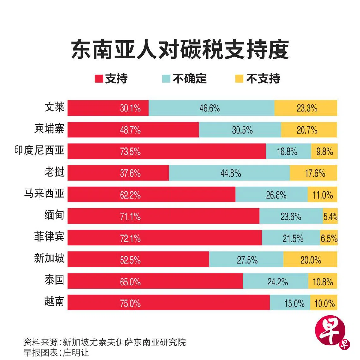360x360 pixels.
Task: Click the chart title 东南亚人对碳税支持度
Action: coord(180,50)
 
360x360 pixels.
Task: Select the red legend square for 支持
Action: coord(99,79)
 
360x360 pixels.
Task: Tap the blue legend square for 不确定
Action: coord(166,79)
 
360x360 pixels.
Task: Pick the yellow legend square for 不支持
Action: coord(239,79)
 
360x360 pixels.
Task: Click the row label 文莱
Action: coord(54,107)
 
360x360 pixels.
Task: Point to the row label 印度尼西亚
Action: coord(39,150)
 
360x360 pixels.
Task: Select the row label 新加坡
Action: coord(49,258)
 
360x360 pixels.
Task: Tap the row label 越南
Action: coord(54,302)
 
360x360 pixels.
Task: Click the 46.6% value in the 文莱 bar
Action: coord(209,108)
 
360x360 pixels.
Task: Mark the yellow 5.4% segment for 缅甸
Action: coord(330,216)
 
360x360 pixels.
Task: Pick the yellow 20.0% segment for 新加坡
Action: coord(310,260)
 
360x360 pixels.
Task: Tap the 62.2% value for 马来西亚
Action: coord(130,195)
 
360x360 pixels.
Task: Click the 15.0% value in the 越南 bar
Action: coord(294,303)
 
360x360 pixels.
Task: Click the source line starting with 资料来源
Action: coord(105,342)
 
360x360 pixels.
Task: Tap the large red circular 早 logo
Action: coord(330,333)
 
